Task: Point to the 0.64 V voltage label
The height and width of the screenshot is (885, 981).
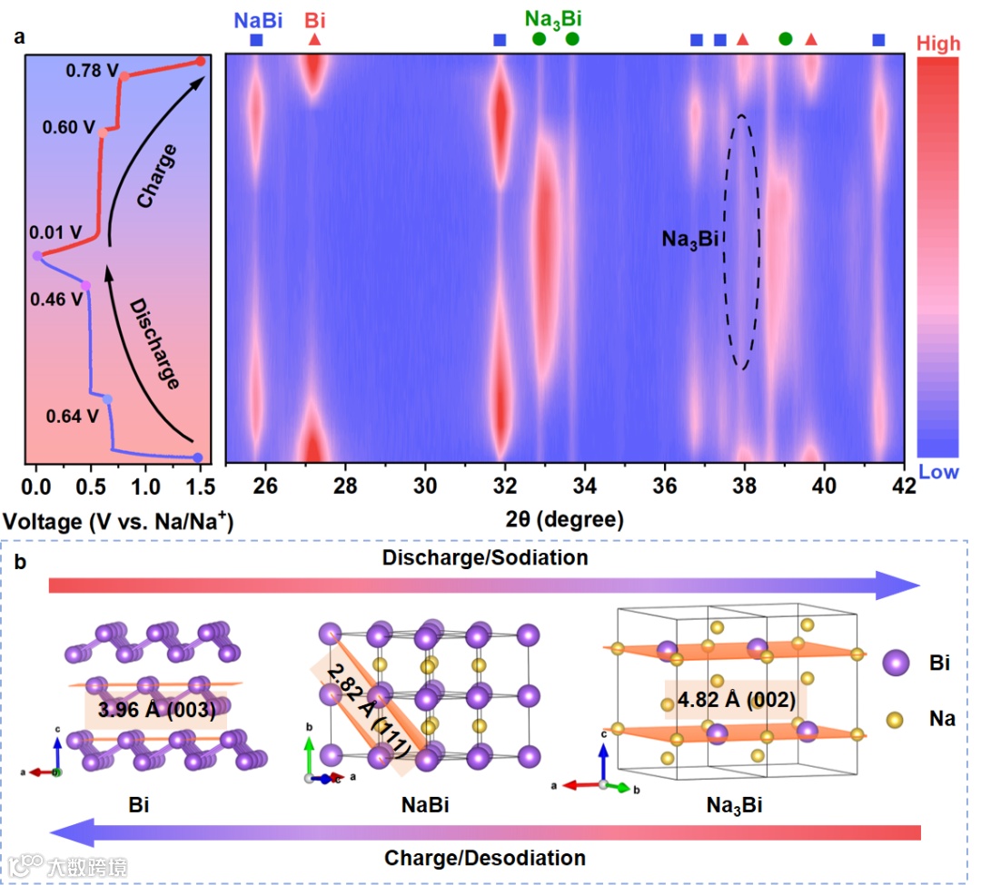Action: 72,417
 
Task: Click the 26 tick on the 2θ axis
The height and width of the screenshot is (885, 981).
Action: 264,486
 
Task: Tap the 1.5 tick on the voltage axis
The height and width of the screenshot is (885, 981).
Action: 199,486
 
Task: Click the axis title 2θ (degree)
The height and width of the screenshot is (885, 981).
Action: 564,520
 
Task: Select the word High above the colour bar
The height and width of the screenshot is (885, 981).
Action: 938,42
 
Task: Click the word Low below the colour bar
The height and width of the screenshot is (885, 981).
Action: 938,471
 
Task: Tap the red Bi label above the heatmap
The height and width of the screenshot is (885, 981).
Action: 314,19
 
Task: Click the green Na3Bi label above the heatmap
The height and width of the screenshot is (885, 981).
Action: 553,19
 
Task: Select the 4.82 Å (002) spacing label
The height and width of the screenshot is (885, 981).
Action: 731,700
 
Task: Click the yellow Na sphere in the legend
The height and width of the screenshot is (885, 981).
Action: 896,720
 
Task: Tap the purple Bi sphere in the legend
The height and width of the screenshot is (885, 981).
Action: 896,664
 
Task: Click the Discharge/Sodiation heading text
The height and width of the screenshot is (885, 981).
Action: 484,557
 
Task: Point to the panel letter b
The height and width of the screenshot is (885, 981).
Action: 19,561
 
